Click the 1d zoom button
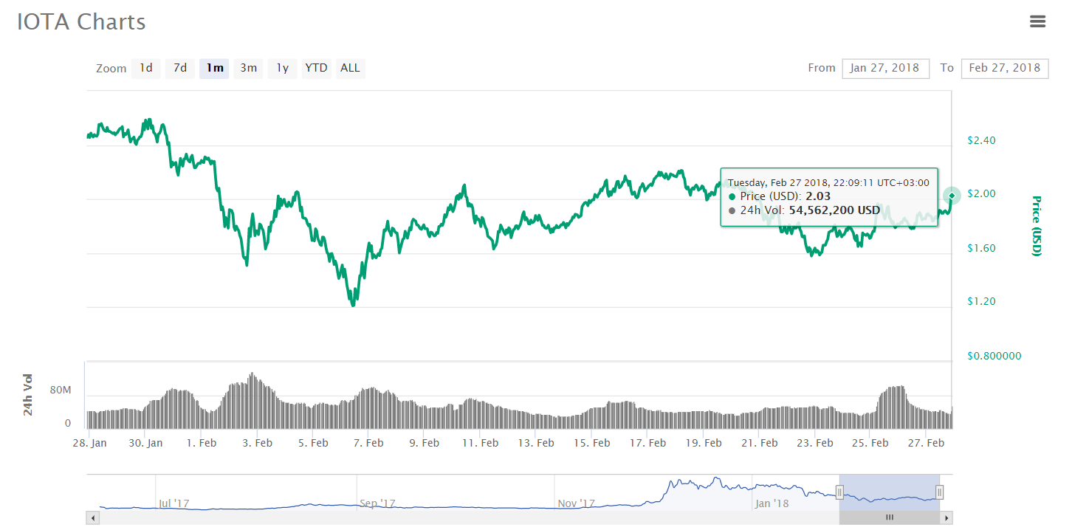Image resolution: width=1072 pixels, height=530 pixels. tap(146, 69)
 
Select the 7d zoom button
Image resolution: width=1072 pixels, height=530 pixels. tap(180, 69)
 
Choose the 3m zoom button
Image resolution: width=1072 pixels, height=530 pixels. tap(248, 69)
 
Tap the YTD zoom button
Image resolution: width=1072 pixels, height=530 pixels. tap(316, 69)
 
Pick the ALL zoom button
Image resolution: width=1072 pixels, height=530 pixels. tap(350, 69)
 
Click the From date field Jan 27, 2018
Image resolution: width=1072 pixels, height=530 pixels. tap(884, 68)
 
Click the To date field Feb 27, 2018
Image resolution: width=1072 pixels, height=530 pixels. tap(1004, 68)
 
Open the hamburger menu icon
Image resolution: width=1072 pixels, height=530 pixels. tap(1037, 21)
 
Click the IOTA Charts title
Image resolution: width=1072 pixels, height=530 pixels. tap(81, 22)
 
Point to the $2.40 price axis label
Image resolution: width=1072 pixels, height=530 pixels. tap(981, 140)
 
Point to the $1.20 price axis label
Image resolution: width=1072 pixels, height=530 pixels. tap(981, 301)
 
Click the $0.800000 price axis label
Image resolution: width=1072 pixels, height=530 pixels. tap(994, 356)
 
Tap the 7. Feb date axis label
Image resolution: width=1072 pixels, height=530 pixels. tap(368, 443)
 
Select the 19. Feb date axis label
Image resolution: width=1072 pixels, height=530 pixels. tap(704, 443)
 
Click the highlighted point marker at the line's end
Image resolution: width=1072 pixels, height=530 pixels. tap(952, 196)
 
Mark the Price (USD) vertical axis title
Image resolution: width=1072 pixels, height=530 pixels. tap(1036, 226)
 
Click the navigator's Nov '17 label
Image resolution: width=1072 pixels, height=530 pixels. tap(577, 503)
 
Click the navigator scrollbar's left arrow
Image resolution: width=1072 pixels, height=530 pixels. tap(93, 518)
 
